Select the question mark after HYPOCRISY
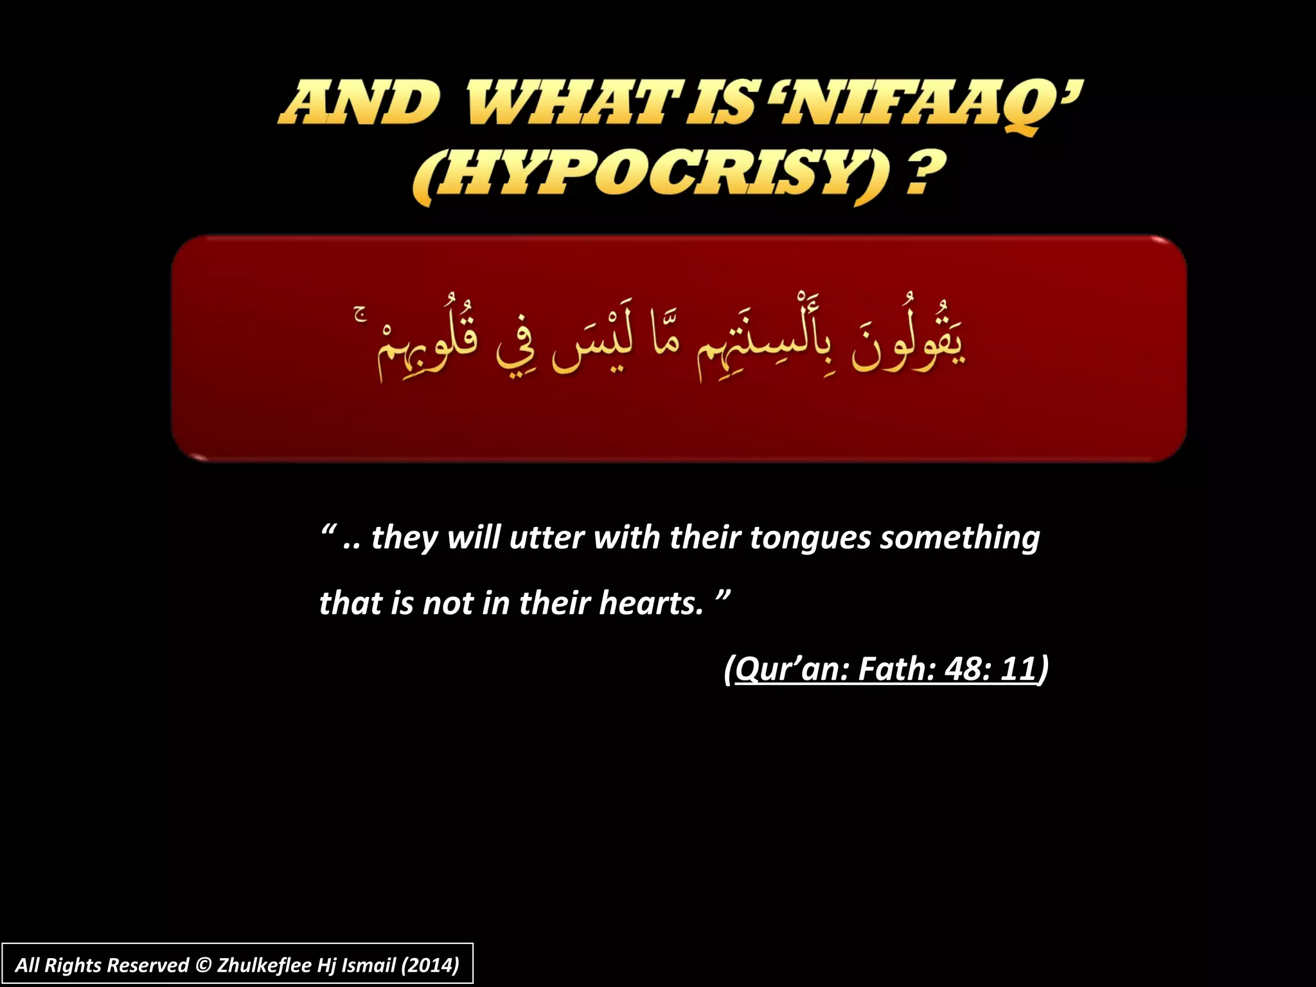(925, 172)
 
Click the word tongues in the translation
(810, 538)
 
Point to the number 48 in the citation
(962, 669)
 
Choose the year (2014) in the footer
(430, 965)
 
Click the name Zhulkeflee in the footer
(265, 965)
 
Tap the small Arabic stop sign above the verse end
(360, 313)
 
